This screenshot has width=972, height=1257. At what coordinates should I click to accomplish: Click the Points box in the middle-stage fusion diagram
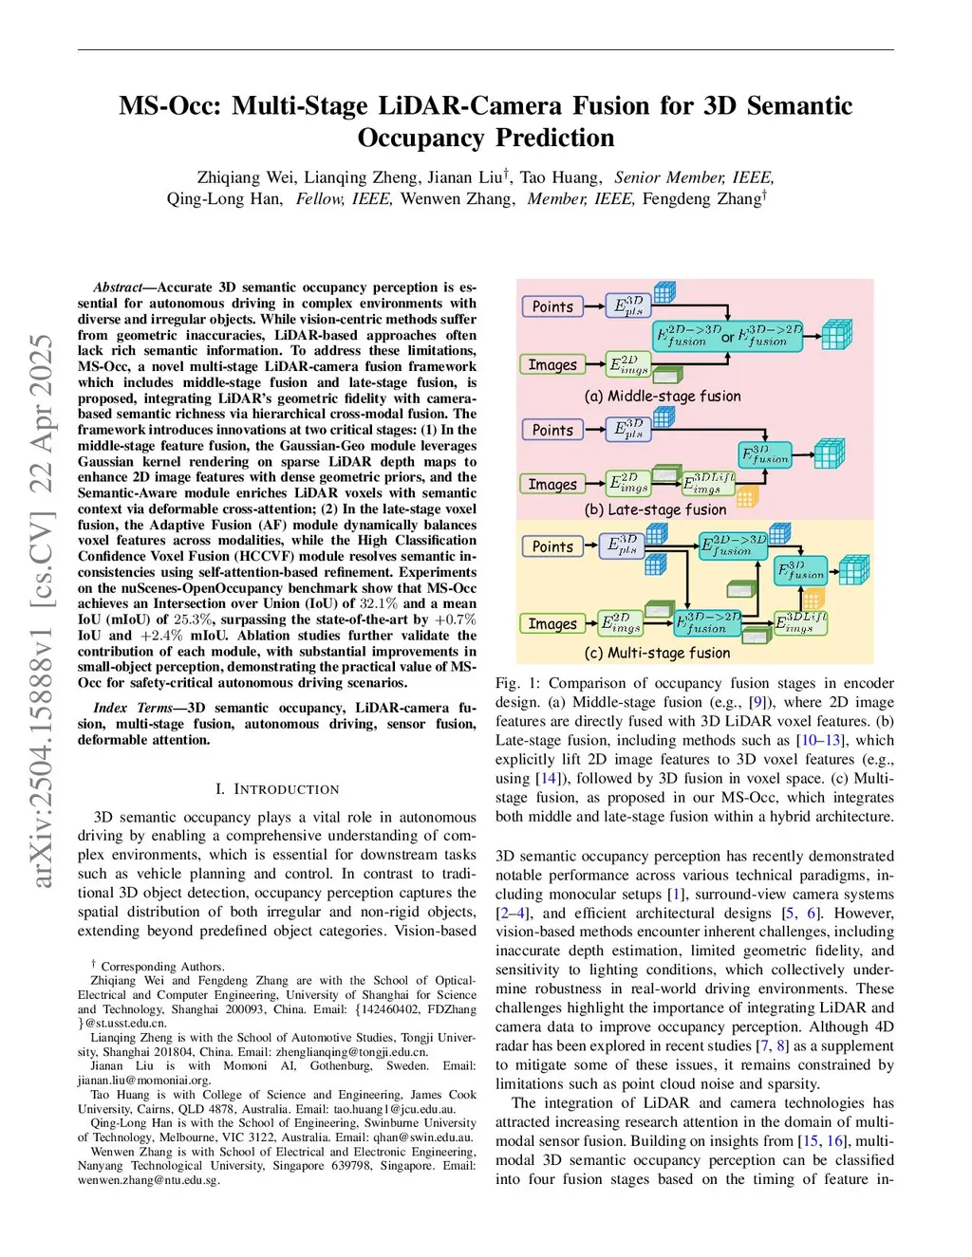point(552,306)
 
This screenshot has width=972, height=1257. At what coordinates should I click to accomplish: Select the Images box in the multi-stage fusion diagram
point(552,623)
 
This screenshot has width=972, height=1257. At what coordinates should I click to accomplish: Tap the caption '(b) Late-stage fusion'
point(655,509)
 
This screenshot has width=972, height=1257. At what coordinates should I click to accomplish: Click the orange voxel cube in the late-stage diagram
point(747,496)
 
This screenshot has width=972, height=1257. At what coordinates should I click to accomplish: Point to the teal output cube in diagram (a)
point(836,335)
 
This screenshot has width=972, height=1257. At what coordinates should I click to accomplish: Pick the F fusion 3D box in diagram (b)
point(765,454)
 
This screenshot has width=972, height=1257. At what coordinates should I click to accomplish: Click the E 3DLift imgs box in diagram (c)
point(800,622)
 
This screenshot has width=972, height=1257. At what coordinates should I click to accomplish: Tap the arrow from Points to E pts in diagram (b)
point(594,430)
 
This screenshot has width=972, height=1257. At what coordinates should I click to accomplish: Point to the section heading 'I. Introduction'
point(277,789)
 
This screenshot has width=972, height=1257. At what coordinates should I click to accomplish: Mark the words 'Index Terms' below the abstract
point(133,708)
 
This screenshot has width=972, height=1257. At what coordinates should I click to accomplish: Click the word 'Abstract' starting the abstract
point(117,287)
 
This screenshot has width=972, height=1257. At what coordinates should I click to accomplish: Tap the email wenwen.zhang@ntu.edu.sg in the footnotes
point(148,1180)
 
